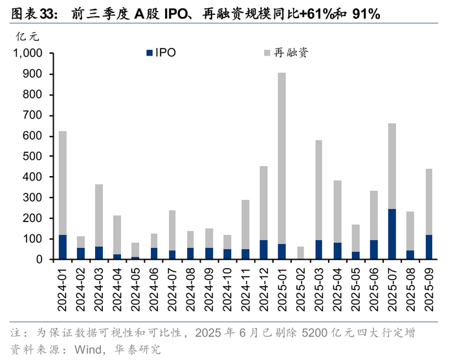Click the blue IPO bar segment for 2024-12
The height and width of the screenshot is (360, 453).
[263, 250]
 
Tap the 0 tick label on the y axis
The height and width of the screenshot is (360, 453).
[39, 260]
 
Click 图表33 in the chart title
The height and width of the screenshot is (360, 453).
[33, 13]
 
